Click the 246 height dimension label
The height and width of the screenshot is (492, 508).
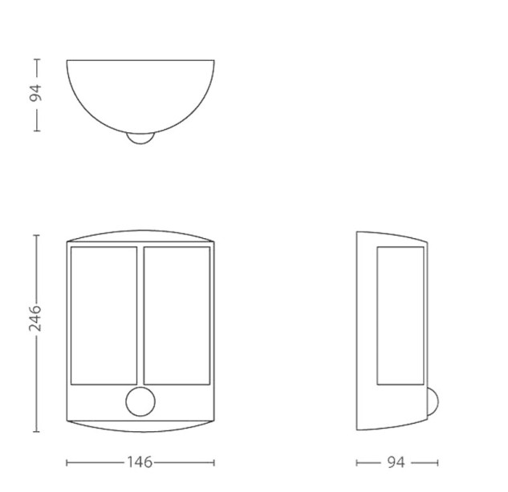[35, 317]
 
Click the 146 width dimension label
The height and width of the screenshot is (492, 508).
[140, 462]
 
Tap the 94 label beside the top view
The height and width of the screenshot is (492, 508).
[35, 93]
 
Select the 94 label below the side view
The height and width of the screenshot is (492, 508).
[396, 462]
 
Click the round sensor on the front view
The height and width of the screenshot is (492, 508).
[140, 401]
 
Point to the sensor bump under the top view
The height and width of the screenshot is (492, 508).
[140, 139]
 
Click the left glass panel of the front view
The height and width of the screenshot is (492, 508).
[104, 316]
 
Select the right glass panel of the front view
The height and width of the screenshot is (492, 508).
[177, 316]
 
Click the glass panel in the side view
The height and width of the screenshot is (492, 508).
[400, 316]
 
